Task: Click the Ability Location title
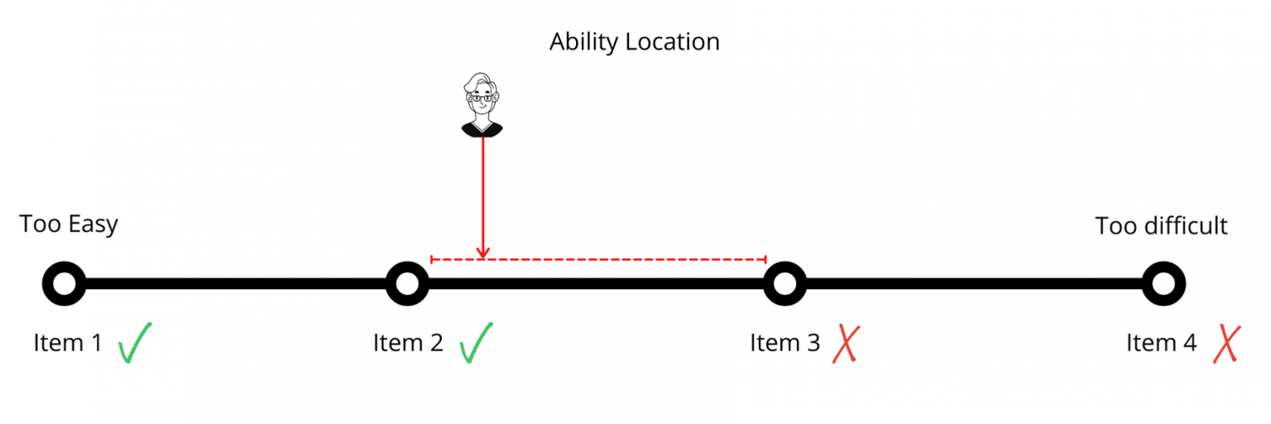(635, 42)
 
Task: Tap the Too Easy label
(69, 224)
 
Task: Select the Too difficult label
(1161, 226)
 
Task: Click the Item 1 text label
(68, 343)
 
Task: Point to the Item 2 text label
(408, 343)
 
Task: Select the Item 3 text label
(784, 343)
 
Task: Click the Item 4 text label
(1162, 343)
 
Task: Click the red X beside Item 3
(846, 344)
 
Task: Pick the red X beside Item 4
(1227, 344)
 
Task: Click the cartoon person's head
(482, 97)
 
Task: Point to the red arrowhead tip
(483, 258)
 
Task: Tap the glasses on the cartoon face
(482, 99)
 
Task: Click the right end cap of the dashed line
(766, 259)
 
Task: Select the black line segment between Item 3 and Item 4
(974, 284)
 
